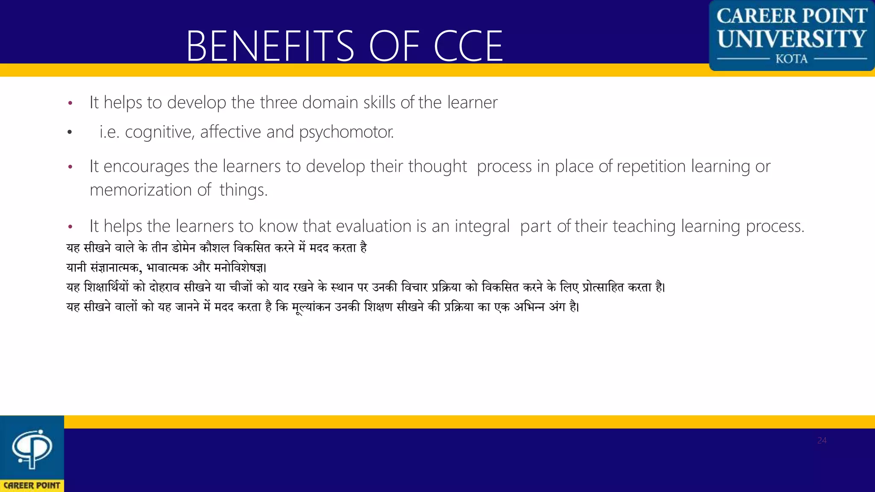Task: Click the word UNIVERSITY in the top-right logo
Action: (x=792, y=39)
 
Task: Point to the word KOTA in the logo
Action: (x=792, y=59)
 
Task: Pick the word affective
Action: (x=230, y=132)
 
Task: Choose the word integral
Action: (x=482, y=226)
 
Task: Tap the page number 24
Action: (x=822, y=440)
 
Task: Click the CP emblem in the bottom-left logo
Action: (x=32, y=448)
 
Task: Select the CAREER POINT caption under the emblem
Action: (x=32, y=486)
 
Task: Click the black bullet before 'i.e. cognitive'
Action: (x=70, y=132)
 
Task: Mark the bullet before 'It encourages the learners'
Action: (x=70, y=167)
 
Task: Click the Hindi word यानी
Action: (x=77, y=268)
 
